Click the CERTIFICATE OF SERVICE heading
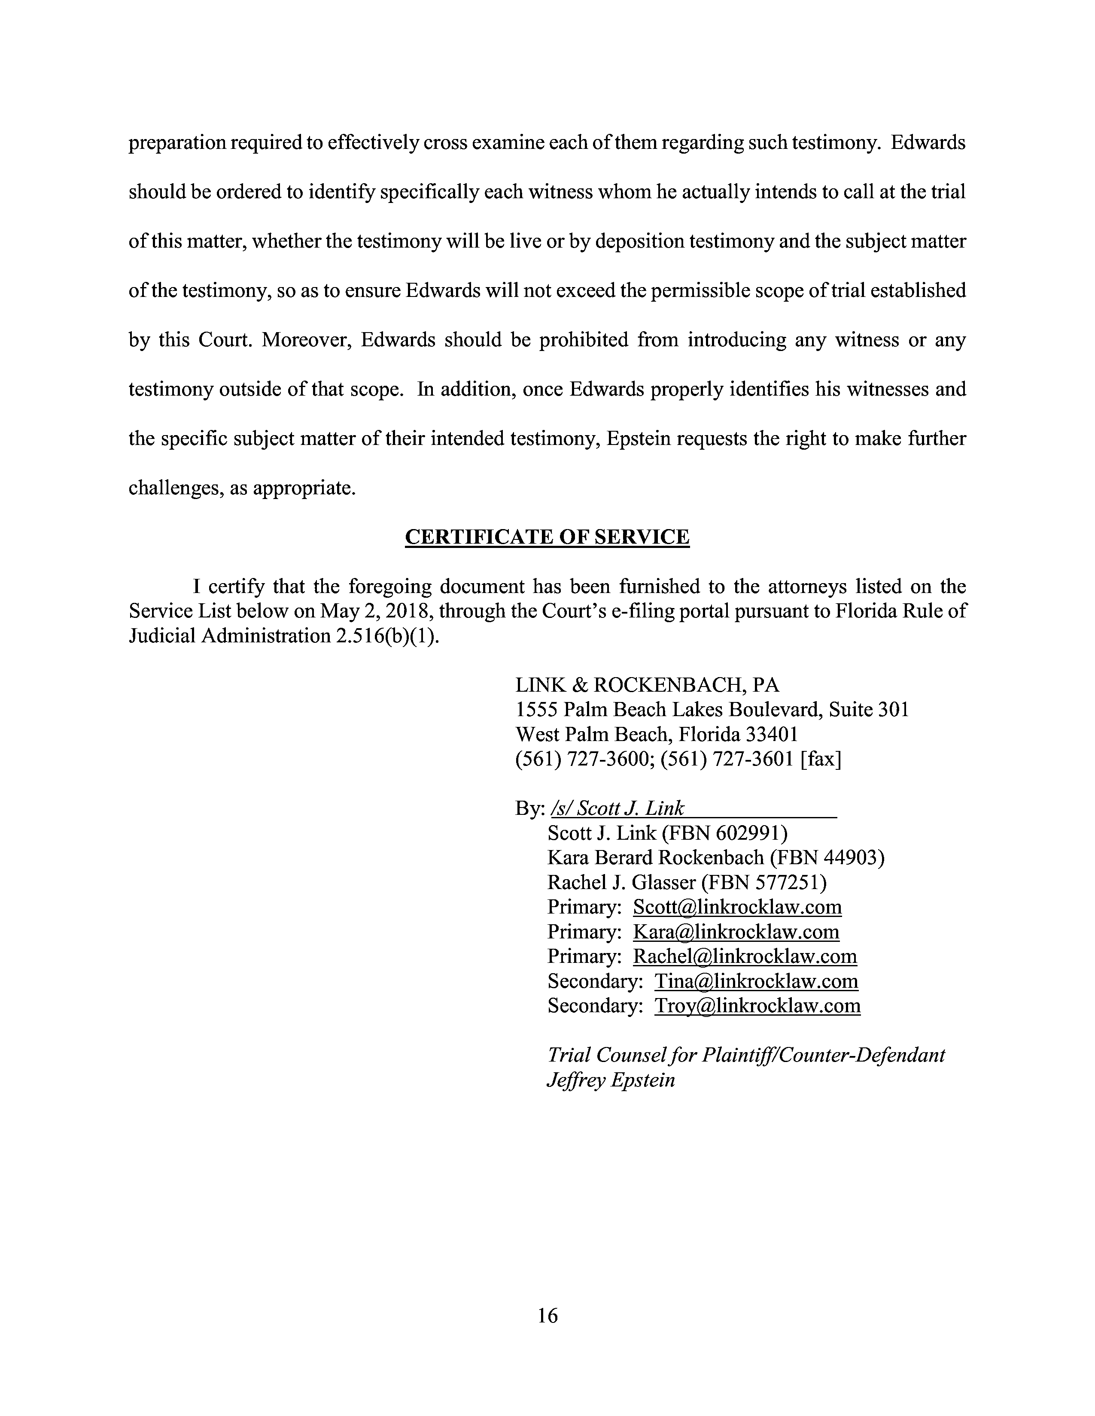[x=547, y=538]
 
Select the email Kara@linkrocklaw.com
[x=736, y=932]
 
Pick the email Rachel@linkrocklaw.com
[x=745, y=956]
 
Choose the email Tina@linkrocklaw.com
[x=756, y=981]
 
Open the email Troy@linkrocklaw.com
[x=757, y=1006]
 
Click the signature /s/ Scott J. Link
[x=617, y=808]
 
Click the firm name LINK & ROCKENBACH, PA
[x=647, y=685]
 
